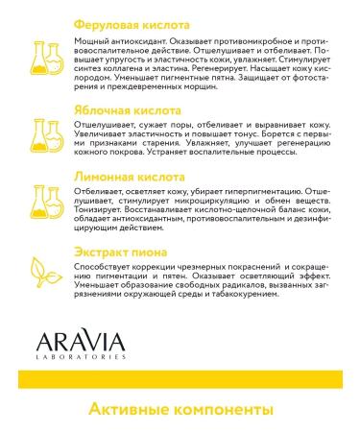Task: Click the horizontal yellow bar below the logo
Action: pyautogui.click(x=180, y=376)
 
